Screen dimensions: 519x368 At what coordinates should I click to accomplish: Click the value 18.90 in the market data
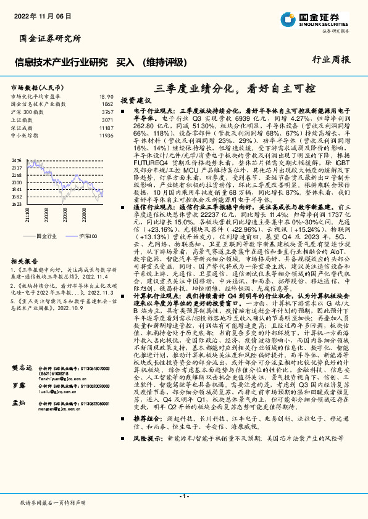pos(106,97)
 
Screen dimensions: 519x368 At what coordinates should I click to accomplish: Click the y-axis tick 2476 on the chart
pos(17,160)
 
